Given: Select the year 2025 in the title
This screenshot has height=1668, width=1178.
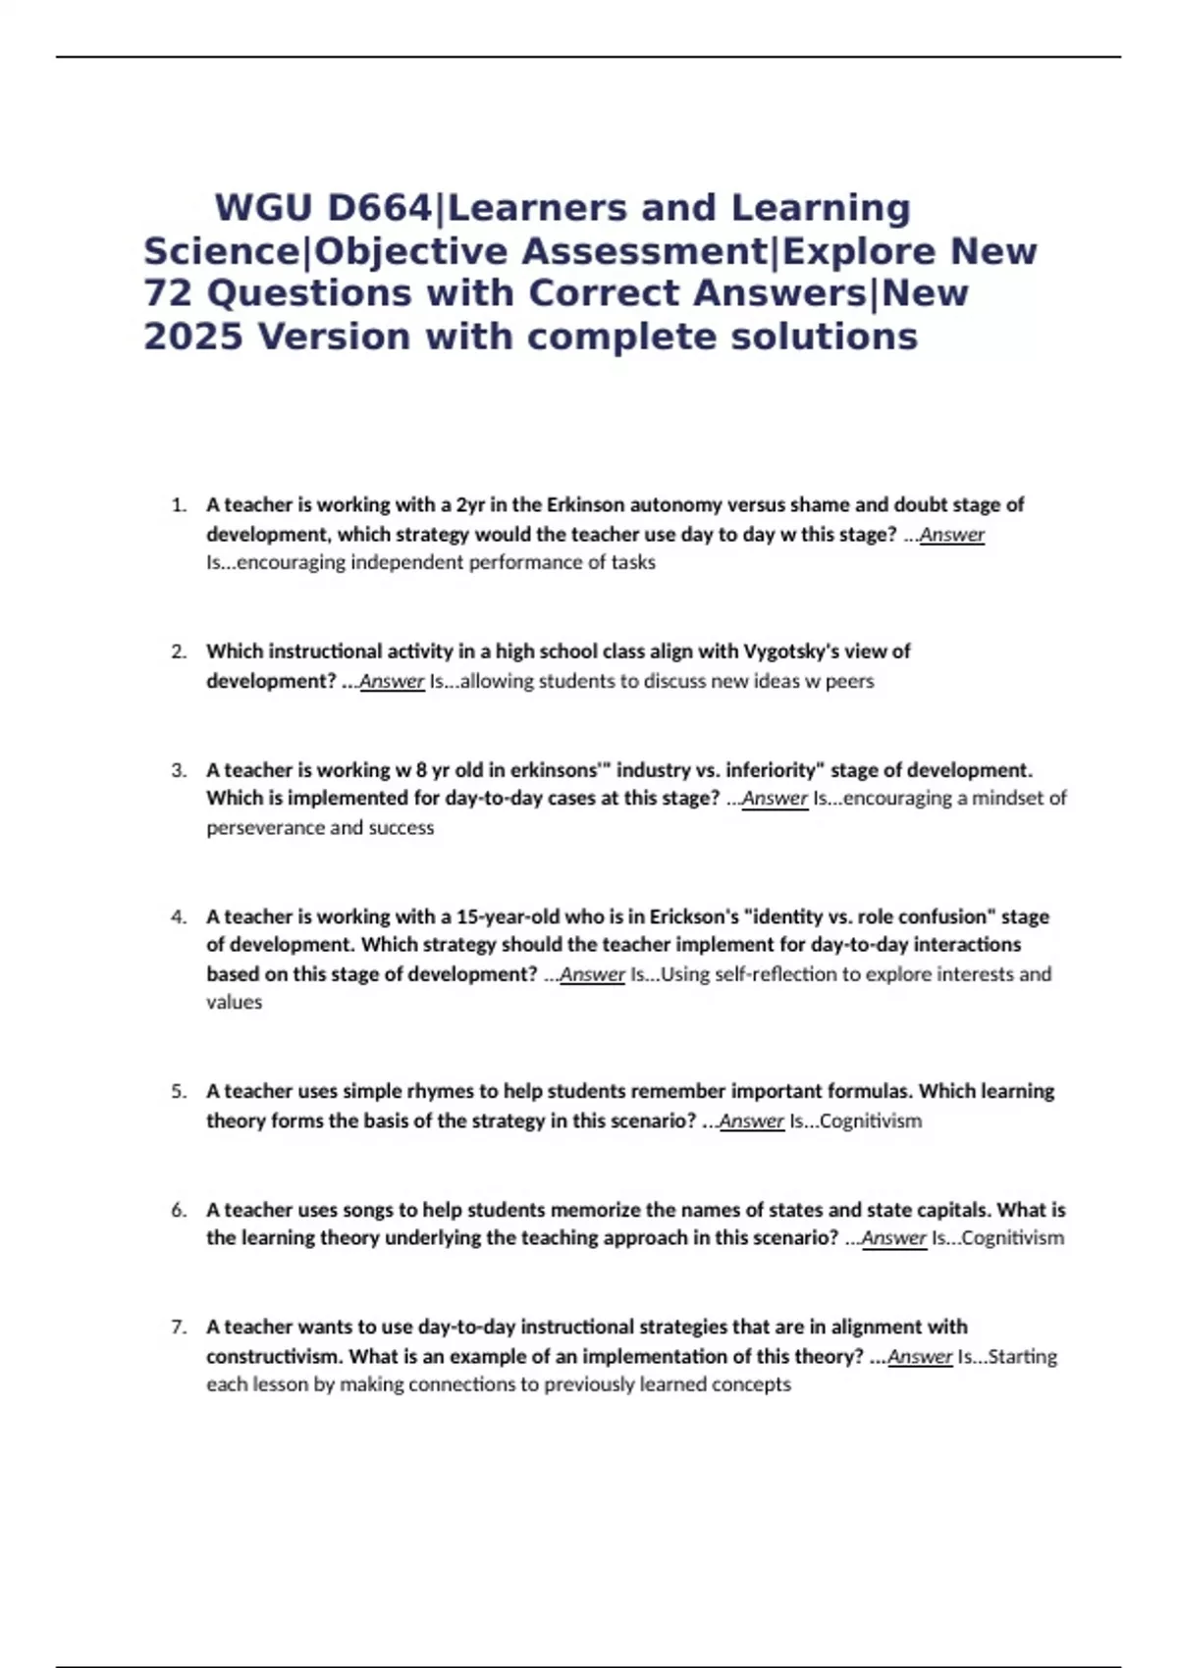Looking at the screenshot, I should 192,337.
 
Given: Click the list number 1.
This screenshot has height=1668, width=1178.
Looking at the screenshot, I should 178,505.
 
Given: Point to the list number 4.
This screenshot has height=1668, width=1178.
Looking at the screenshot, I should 178,917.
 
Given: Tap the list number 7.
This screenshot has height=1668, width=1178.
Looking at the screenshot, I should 178,1328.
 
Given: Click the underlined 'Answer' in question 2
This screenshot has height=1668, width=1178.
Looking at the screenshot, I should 392,681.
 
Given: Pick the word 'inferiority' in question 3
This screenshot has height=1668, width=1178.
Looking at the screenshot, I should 771,770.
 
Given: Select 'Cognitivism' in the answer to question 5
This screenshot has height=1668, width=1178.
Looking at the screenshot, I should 870,1121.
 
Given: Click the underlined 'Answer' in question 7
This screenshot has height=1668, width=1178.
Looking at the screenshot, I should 920,1357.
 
